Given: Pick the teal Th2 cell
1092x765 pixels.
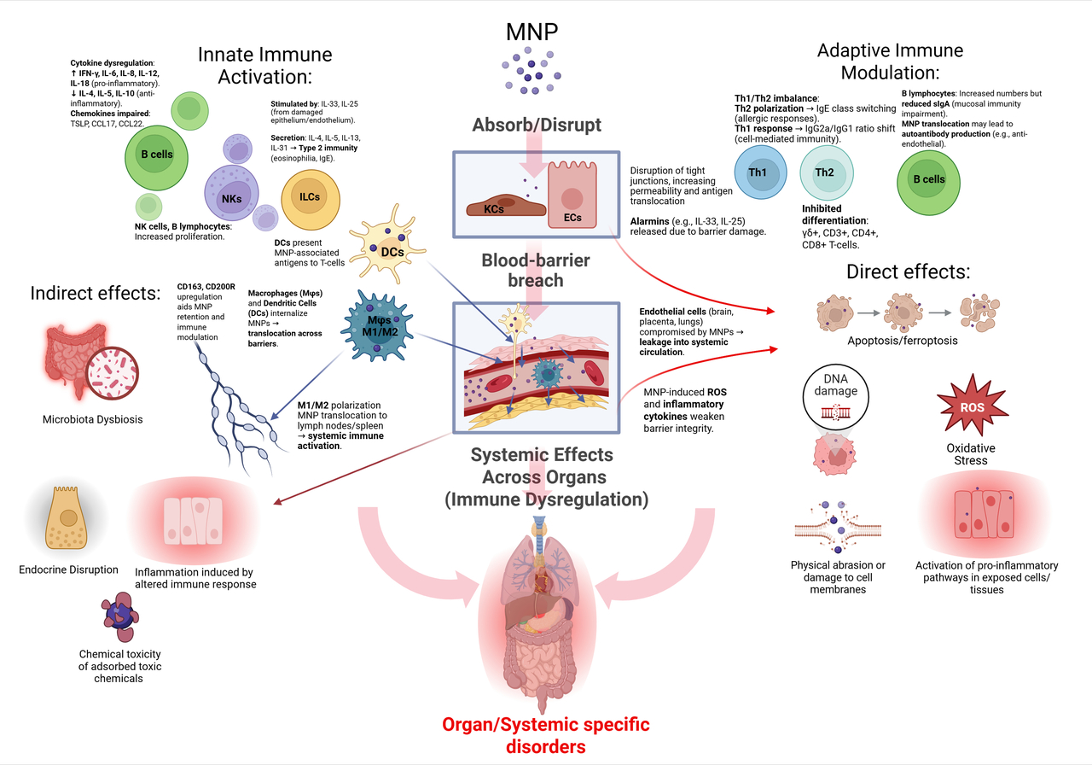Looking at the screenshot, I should point(824,172).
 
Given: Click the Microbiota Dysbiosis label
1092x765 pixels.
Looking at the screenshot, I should point(92,419).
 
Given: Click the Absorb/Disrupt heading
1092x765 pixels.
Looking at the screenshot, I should point(537,126).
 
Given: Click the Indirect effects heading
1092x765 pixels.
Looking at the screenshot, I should point(96,293).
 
